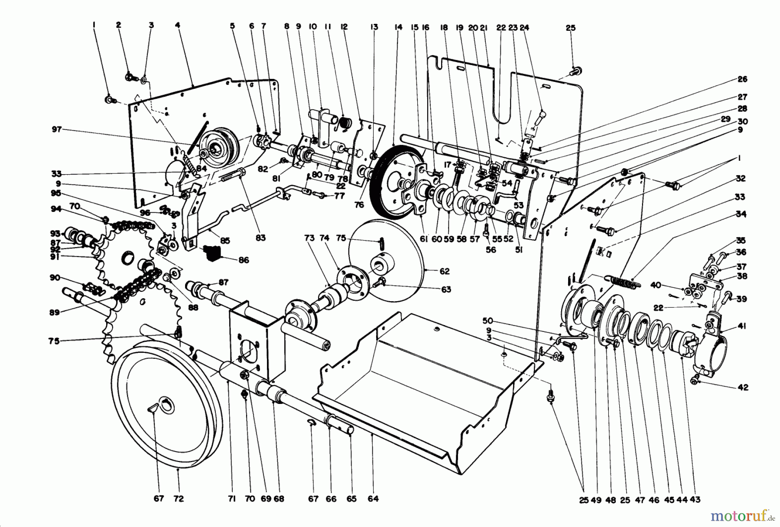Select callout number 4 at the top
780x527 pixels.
click(x=177, y=26)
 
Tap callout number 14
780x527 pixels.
click(x=398, y=27)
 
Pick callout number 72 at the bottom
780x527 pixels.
click(x=178, y=499)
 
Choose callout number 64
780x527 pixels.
click(x=373, y=499)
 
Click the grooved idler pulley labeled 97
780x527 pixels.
click(x=219, y=150)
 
